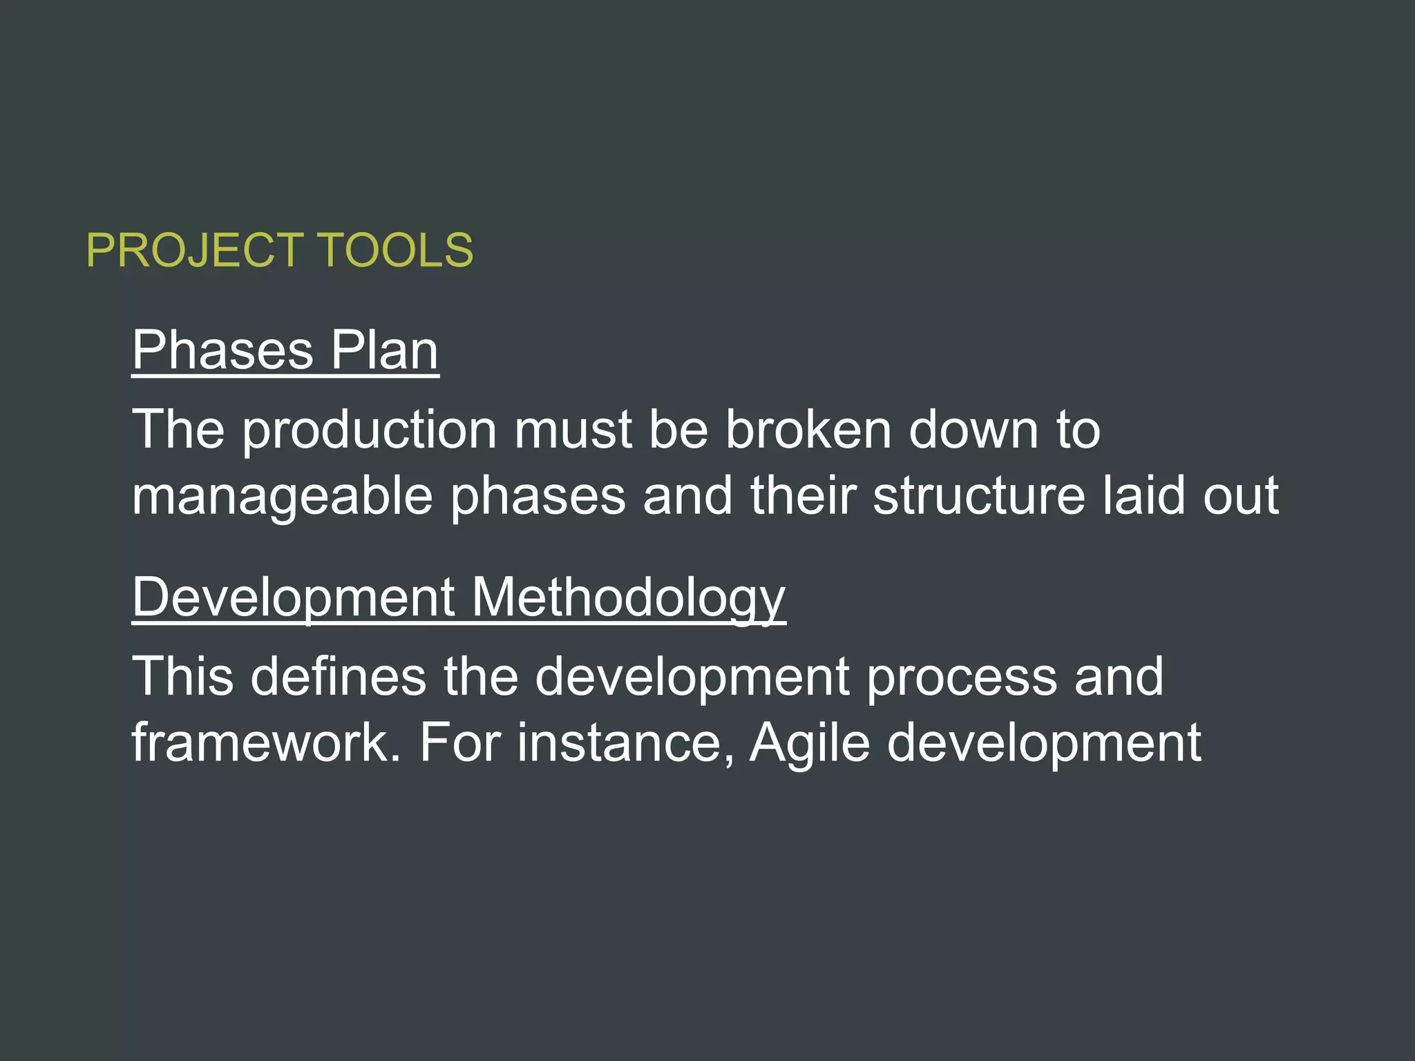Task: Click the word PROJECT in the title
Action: pos(195,250)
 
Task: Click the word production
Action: pos(370,431)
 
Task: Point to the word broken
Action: pos(808,430)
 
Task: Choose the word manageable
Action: pos(282,497)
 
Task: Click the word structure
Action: pos(979,496)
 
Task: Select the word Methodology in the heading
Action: pos(629,598)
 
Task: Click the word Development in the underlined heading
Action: pos(294,598)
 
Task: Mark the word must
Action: pos(573,430)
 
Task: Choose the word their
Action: pos(803,496)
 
